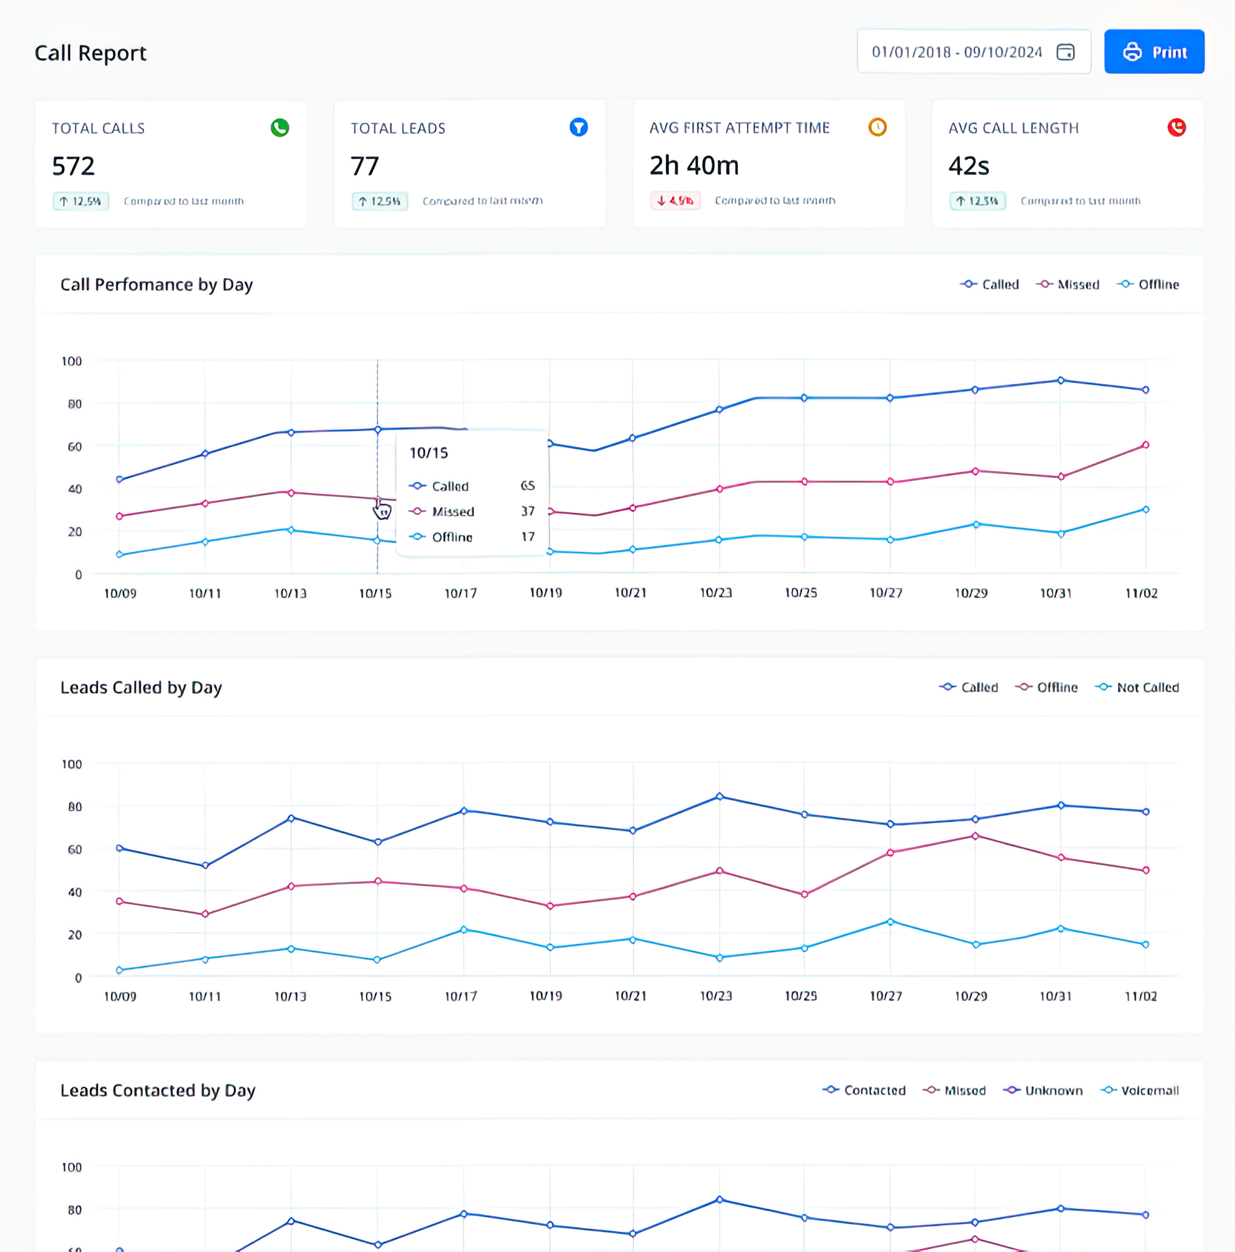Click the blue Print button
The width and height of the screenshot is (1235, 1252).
coord(1154,52)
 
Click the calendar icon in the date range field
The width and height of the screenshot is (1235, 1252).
coord(1065,52)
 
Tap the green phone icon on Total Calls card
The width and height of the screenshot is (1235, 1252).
coord(280,127)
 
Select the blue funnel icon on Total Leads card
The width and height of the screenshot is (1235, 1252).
coord(579,127)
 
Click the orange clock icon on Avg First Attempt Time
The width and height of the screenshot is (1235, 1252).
coord(877,127)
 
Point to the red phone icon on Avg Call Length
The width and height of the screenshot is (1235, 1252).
coord(1176,127)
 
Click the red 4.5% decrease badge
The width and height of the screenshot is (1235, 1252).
coord(675,201)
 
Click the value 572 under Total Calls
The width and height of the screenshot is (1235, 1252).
coord(73,166)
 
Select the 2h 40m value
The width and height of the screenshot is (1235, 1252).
coord(694,165)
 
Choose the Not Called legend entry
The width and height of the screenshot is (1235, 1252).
coord(1137,688)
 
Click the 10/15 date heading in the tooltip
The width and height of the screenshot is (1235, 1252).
coord(429,453)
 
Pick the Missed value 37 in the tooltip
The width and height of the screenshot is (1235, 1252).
coord(528,511)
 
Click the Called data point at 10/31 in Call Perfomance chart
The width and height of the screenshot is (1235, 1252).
coord(1061,380)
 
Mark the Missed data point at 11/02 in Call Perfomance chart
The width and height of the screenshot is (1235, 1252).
coord(1146,445)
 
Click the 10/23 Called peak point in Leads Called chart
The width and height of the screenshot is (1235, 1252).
coord(719,796)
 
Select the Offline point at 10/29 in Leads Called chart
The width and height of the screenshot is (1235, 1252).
coord(975,836)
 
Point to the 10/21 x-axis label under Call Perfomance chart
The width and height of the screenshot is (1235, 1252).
coord(630,593)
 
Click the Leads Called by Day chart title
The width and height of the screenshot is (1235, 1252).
coord(142,688)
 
